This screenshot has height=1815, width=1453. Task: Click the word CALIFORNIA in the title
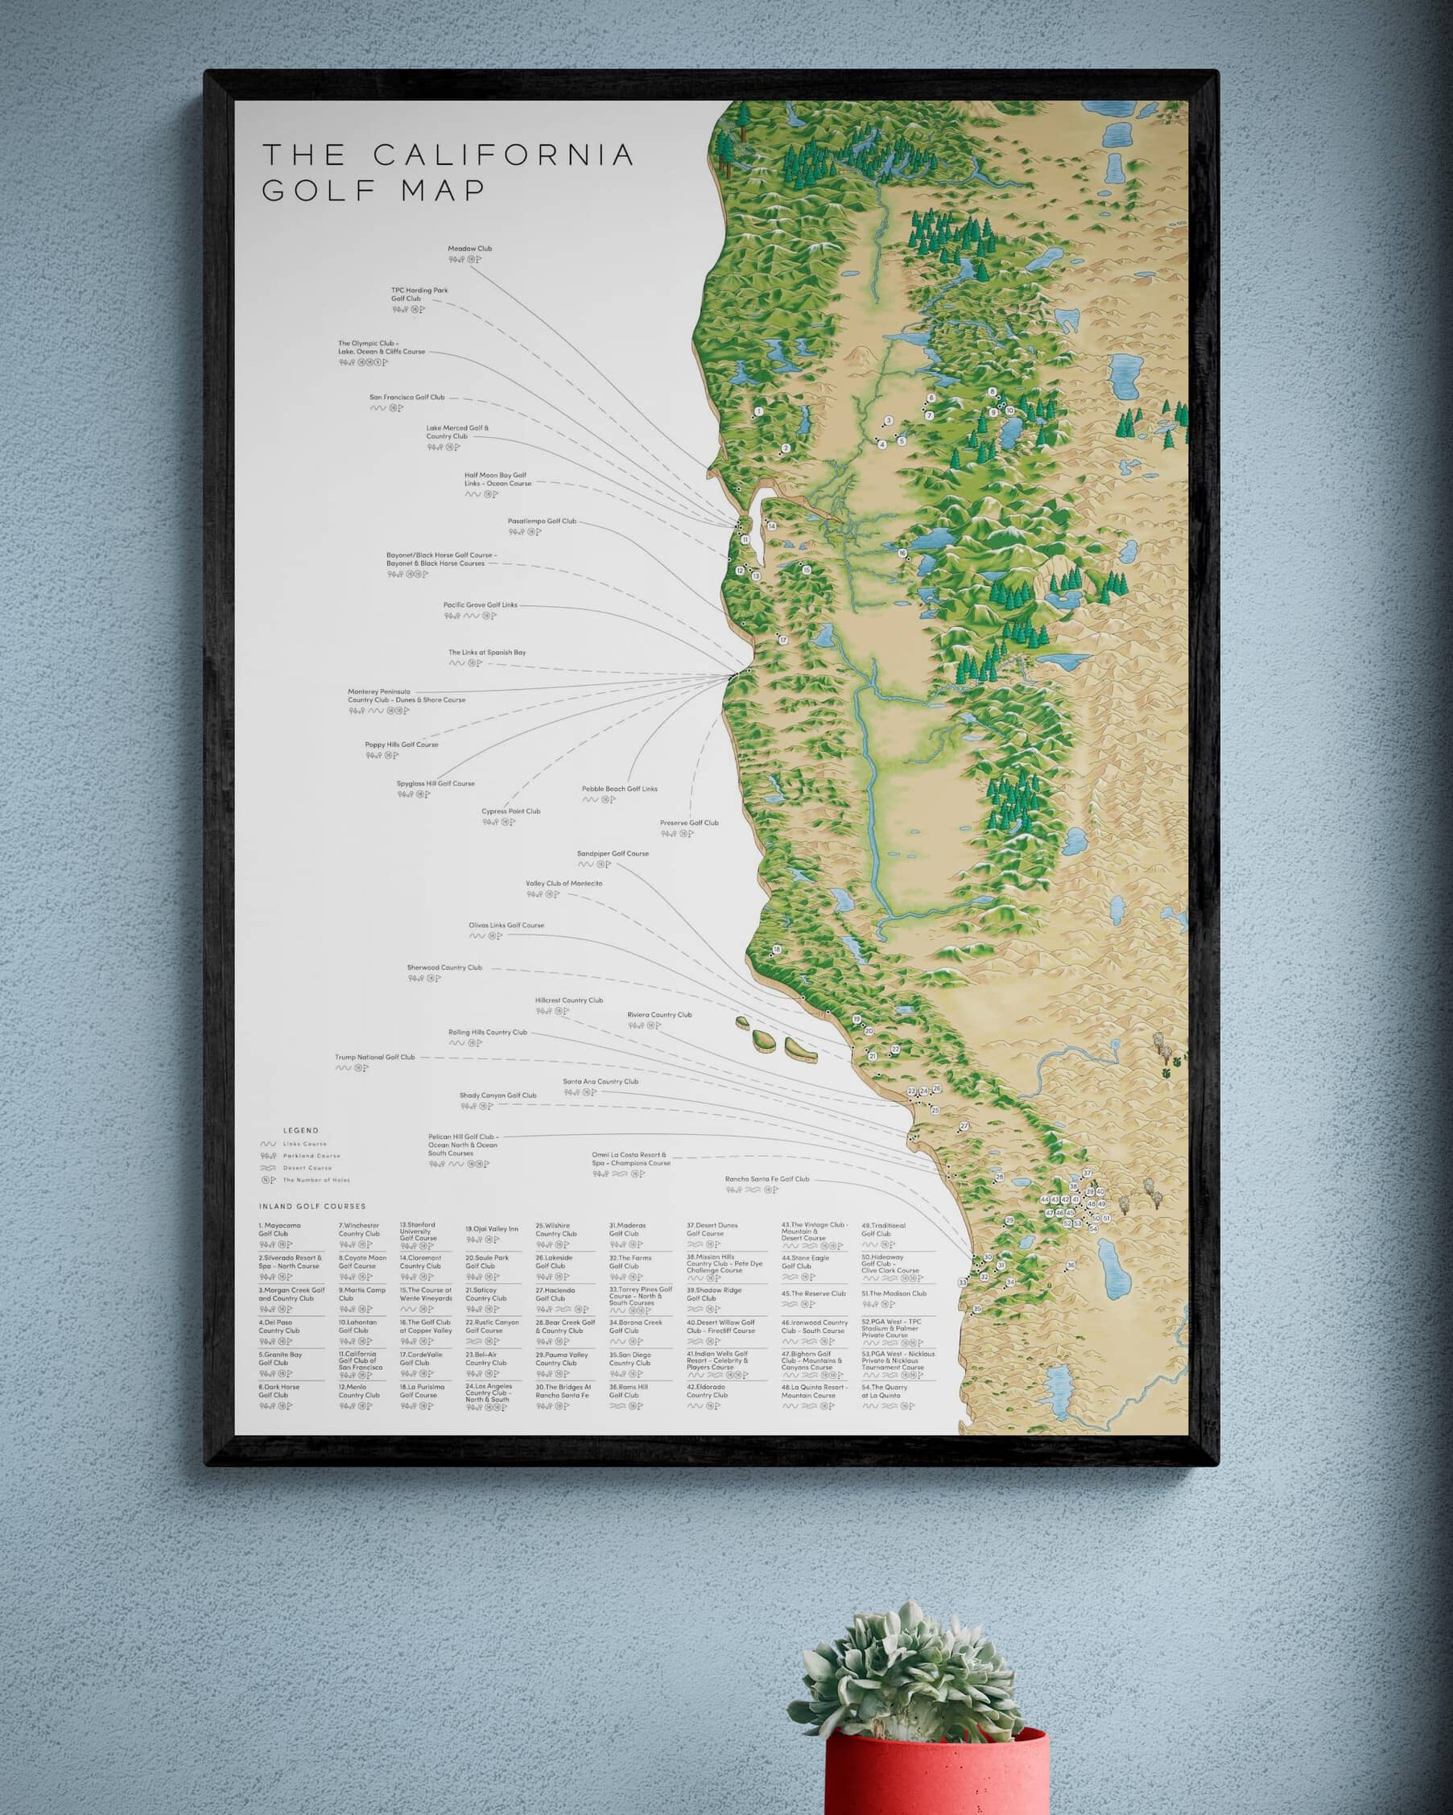pyautogui.click(x=502, y=155)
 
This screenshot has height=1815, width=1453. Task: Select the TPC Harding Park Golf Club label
pyautogui.click(x=419, y=294)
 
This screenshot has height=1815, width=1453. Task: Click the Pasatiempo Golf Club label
pyautogui.click(x=541, y=521)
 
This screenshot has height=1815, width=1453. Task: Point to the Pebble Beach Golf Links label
pyautogui.click(x=619, y=789)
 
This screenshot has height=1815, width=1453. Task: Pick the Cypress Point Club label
pyautogui.click(x=510, y=811)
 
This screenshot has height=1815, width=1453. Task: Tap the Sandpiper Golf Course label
pyautogui.click(x=612, y=854)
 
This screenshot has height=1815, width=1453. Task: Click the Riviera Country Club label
pyautogui.click(x=658, y=1014)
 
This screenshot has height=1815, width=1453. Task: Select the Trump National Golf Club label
pyautogui.click(x=374, y=1058)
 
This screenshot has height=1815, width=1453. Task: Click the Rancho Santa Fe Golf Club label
pyautogui.click(x=766, y=1179)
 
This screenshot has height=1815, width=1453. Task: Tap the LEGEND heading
pyautogui.click(x=300, y=1131)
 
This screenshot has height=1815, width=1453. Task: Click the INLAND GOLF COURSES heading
pyautogui.click(x=312, y=1207)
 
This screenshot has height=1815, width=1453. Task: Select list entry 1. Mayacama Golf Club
pyautogui.click(x=279, y=1230)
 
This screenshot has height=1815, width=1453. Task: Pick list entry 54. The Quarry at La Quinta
pyautogui.click(x=884, y=1392)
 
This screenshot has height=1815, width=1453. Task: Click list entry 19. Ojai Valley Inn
pyautogui.click(x=492, y=1229)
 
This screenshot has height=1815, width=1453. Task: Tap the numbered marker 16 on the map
pyautogui.click(x=902, y=553)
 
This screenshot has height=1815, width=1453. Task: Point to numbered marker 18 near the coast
pyautogui.click(x=776, y=950)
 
